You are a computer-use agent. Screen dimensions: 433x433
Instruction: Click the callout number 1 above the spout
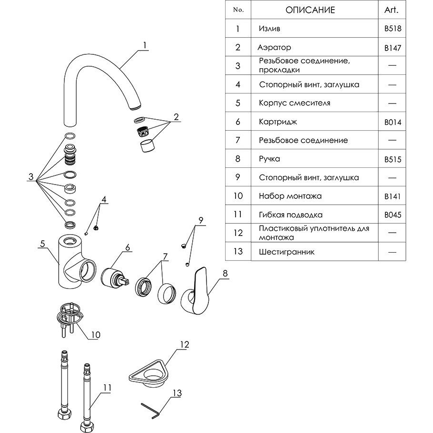tap(144, 46)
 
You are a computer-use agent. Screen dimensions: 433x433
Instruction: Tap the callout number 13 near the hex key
tap(177, 393)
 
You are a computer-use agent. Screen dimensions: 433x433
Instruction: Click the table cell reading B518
tap(392, 29)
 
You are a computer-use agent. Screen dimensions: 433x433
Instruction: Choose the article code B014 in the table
tap(392, 122)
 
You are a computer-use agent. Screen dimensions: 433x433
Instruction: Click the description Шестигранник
tap(287, 252)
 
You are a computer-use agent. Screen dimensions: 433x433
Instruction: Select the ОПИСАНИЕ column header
tap(310, 10)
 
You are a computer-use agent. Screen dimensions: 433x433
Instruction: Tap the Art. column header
tap(391, 10)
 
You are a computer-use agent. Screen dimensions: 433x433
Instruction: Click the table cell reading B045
tap(392, 215)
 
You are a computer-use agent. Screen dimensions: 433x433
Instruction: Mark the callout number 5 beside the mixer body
tap(42, 244)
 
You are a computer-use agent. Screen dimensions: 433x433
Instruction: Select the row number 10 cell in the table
tap(238, 196)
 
